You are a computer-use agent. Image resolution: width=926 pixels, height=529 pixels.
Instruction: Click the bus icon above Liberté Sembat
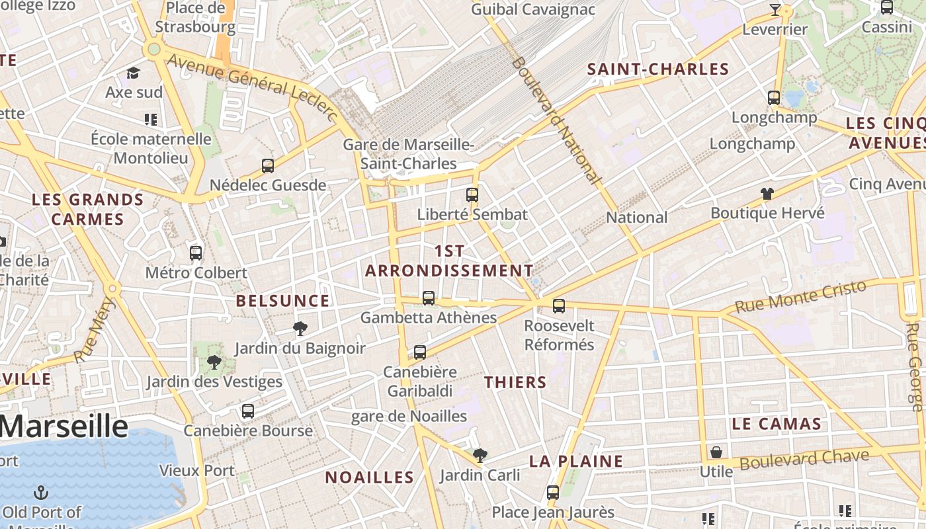(x=472, y=194)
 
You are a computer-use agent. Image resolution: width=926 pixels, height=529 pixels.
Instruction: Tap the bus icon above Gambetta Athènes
(x=429, y=298)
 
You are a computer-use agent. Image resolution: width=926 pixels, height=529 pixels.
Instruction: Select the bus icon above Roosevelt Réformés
(x=559, y=305)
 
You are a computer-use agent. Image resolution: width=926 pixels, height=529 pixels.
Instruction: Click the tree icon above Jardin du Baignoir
(x=300, y=328)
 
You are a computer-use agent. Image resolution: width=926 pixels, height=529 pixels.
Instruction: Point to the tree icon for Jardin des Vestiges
(x=214, y=362)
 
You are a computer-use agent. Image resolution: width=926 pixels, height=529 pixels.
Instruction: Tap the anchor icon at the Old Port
(x=41, y=493)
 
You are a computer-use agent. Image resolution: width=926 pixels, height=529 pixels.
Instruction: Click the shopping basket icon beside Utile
(x=716, y=452)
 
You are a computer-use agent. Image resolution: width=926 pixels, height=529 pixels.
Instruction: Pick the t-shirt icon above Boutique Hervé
(x=767, y=194)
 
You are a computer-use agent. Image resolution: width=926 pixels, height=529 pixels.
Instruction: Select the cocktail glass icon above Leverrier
(x=775, y=10)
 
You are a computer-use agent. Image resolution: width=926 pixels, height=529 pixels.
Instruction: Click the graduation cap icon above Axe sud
(x=134, y=73)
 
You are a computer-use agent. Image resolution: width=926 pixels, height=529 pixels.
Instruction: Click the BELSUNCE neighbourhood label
(x=282, y=301)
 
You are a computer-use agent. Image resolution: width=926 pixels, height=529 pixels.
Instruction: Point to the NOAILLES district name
(x=369, y=477)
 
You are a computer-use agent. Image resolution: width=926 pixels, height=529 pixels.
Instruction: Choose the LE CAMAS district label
(x=777, y=424)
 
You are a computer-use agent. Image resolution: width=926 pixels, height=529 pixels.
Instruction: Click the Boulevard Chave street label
(x=804, y=460)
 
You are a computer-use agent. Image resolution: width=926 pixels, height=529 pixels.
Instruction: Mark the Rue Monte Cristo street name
(x=800, y=296)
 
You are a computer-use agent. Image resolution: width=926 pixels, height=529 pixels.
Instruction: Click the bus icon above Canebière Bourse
(x=248, y=411)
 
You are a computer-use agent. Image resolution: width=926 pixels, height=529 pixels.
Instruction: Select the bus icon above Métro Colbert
(x=196, y=253)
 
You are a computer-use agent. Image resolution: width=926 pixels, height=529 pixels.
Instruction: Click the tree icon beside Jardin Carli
(x=480, y=455)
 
